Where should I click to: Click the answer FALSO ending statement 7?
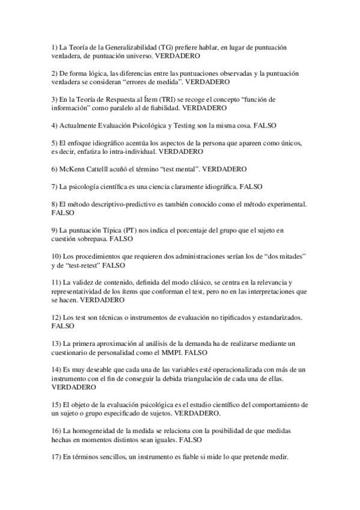(250, 186)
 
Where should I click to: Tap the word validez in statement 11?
(87, 282)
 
